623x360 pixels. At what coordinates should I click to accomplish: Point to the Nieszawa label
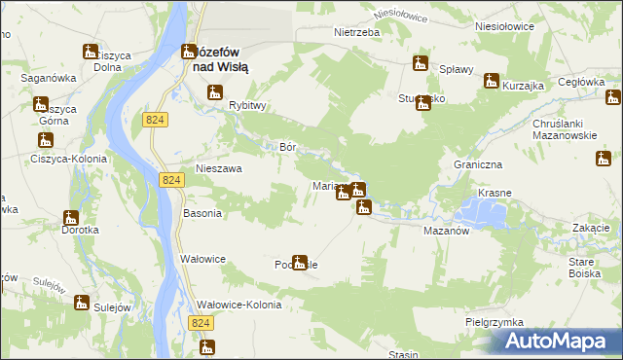[218, 168]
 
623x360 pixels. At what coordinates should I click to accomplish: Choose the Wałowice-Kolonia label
[238, 305]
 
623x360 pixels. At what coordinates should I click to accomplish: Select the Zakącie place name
[591, 228]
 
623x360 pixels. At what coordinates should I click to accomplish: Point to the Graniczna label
[477, 165]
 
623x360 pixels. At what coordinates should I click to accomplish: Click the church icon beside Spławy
[420, 63]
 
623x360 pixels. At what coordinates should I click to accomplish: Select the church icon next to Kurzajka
[492, 81]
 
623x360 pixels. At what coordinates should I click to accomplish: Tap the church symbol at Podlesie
[300, 262]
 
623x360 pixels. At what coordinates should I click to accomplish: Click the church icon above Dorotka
[71, 218]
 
